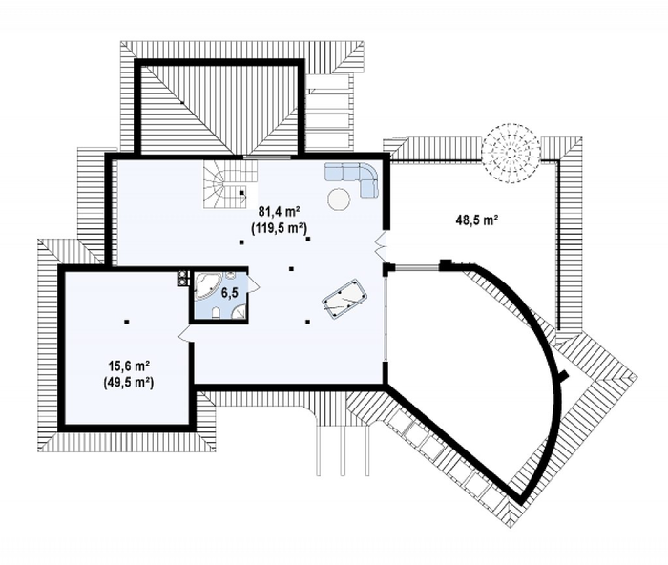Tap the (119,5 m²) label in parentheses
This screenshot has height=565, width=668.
click(x=280, y=228)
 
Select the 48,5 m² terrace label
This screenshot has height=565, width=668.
click(x=477, y=220)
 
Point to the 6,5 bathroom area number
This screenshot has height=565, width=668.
click(x=229, y=293)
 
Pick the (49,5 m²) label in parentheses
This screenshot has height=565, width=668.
click(x=128, y=382)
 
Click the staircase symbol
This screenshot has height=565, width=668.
click(x=230, y=184)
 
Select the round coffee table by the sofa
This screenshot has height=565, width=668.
click(x=339, y=199)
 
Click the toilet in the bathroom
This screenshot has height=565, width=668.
click(x=216, y=312)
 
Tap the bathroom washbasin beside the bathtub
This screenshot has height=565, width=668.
click(x=230, y=276)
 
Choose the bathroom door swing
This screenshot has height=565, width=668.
click(x=254, y=282)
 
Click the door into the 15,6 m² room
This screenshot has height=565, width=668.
click(x=185, y=333)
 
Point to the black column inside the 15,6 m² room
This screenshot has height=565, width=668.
click(x=127, y=322)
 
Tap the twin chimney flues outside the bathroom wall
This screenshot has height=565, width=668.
click(x=183, y=278)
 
